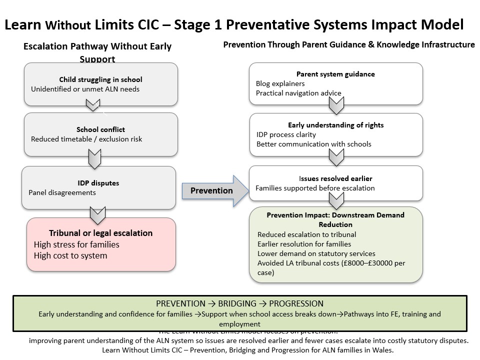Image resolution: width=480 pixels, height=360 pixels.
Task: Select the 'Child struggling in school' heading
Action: (100, 79)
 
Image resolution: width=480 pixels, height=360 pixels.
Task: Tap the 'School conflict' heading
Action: (100, 129)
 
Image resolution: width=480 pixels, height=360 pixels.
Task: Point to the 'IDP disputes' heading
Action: (98, 183)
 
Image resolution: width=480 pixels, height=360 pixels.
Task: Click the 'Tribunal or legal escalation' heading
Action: (100, 233)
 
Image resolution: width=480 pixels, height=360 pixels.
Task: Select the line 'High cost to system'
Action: (70, 255)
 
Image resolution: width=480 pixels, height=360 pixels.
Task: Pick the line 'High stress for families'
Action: (76, 244)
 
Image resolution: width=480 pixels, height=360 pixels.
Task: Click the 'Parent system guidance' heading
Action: (335, 74)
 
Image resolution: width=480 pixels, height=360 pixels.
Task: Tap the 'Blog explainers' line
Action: (280, 83)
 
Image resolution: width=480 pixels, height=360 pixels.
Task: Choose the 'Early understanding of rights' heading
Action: (335, 125)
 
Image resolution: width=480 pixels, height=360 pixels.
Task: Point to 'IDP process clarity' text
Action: (286, 134)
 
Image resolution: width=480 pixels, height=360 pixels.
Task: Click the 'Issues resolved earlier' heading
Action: (335, 178)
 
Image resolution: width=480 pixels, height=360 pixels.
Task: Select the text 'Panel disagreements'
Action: (62, 192)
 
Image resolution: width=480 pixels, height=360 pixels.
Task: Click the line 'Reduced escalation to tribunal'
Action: (306, 234)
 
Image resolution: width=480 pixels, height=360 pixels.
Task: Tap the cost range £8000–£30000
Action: (370, 263)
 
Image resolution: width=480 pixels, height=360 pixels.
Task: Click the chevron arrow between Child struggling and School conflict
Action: (93, 105)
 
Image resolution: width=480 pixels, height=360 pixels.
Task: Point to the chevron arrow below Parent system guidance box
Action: (336, 105)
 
